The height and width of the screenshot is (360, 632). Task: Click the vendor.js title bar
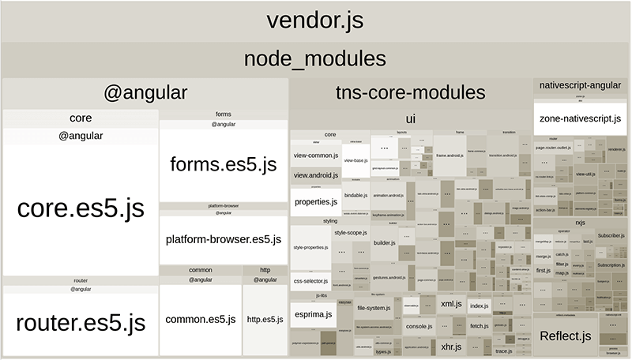(316, 21)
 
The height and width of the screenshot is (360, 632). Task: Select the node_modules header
(316, 59)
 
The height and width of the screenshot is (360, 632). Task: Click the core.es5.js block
(80, 208)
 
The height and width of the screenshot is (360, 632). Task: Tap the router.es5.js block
(80, 323)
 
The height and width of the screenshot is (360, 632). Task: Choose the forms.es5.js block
(224, 164)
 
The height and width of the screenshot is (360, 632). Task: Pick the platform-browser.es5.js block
(224, 238)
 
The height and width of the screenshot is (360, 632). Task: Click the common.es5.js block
(201, 320)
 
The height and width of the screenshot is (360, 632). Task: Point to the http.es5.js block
(265, 320)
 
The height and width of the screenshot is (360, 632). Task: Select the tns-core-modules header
(409, 93)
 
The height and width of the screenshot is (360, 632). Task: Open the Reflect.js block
(565, 336)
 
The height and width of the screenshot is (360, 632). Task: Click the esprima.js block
(312, 314)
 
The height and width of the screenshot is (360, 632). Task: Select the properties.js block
(316, 202)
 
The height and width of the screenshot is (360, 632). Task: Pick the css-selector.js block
(310, 279)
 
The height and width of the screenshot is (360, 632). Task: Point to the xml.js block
(451, 304)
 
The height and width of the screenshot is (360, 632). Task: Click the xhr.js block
(451, 346)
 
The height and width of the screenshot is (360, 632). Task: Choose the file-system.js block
(374, 308)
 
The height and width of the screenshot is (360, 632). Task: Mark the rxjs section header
(580, 222)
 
